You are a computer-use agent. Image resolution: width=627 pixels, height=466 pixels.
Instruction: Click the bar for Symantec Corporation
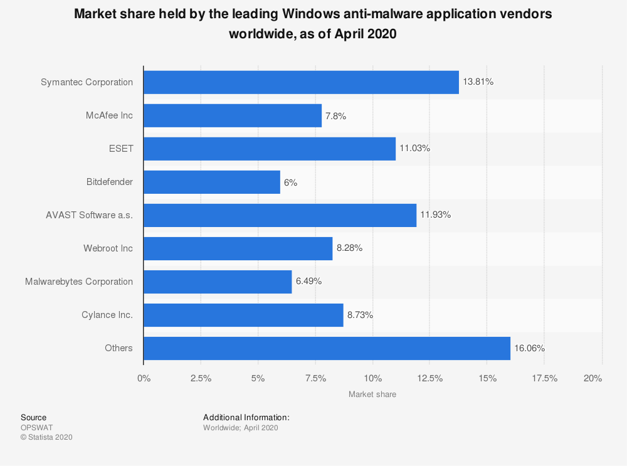coord(301,82)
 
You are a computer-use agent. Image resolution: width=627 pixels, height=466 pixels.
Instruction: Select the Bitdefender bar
coord(212,183)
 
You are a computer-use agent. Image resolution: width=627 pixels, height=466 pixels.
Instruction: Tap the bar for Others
coord(327,348)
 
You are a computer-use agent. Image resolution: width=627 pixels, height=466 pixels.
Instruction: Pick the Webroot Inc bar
coord(238,248)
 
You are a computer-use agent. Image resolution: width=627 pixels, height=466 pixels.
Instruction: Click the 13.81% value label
coord(478,82)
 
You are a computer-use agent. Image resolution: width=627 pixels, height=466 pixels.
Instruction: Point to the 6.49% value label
coord(308,282)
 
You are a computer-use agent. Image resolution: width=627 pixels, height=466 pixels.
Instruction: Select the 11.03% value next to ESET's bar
coord(415,149)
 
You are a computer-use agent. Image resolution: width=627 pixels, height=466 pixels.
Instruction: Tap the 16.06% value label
coord(530,348)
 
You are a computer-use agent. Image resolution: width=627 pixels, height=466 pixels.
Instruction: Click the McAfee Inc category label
coord(109,115)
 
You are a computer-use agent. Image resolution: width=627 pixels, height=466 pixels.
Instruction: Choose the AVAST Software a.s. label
coord(90,215)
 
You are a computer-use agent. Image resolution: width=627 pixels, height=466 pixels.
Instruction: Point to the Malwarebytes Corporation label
coord(79,282)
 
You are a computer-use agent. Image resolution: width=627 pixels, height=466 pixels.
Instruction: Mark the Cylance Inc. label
coord(107,315)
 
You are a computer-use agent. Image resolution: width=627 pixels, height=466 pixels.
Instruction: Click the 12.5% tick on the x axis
coord(430,378)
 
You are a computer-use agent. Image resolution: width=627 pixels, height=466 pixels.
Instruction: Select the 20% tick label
coord(593,378)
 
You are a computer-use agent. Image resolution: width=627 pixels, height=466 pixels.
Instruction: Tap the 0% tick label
coord(144,378)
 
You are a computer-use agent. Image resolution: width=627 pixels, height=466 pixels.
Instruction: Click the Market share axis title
coord(372,395)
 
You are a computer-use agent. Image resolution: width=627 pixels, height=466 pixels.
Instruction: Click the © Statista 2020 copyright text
coord(46,437)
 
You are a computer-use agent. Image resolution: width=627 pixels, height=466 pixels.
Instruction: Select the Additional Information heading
coord(246,417)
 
